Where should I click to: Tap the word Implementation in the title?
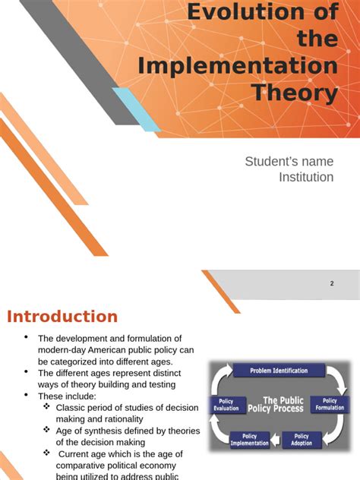238,65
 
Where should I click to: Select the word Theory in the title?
295,93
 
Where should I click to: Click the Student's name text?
289,161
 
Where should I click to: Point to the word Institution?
306,177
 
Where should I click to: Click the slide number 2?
332,283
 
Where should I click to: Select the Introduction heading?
62,317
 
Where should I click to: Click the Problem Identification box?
270,371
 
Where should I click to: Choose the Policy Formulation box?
330,404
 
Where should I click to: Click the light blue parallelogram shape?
136,108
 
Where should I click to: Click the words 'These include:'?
68,396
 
